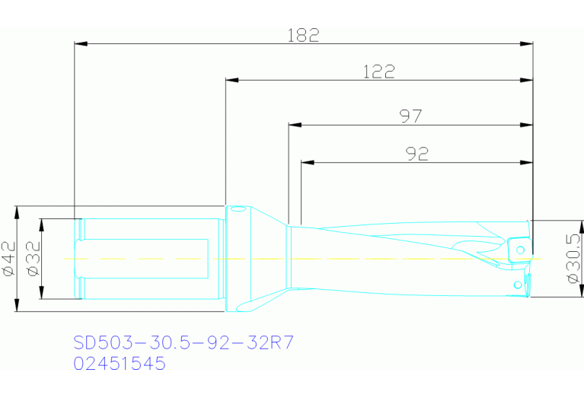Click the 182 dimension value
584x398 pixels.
coord(303,35)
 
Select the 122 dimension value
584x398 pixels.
coord(378,72)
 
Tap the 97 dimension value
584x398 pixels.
coord(410,116)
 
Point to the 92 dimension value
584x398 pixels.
coord(416,154)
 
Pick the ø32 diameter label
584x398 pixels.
coord(33,259)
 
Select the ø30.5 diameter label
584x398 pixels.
coord(575,259)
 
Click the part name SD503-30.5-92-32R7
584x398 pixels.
coord(183,342)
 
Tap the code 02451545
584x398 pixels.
coord(119,364)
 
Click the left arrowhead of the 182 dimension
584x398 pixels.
coord(79,44)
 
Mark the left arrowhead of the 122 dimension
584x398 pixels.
coord(231,80)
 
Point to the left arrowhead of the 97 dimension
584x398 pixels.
coord(294,125)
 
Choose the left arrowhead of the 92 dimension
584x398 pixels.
coord(307,162)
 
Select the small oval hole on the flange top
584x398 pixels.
coord(238,209)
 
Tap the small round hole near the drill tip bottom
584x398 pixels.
coord(519,285)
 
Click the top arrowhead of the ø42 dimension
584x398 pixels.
coord(17,211)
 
